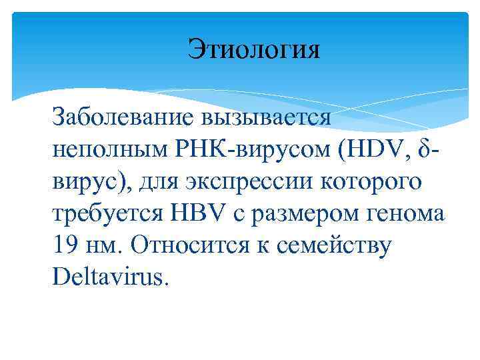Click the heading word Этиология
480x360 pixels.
tap(253, 50)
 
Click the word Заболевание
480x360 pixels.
tap(122, 117)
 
